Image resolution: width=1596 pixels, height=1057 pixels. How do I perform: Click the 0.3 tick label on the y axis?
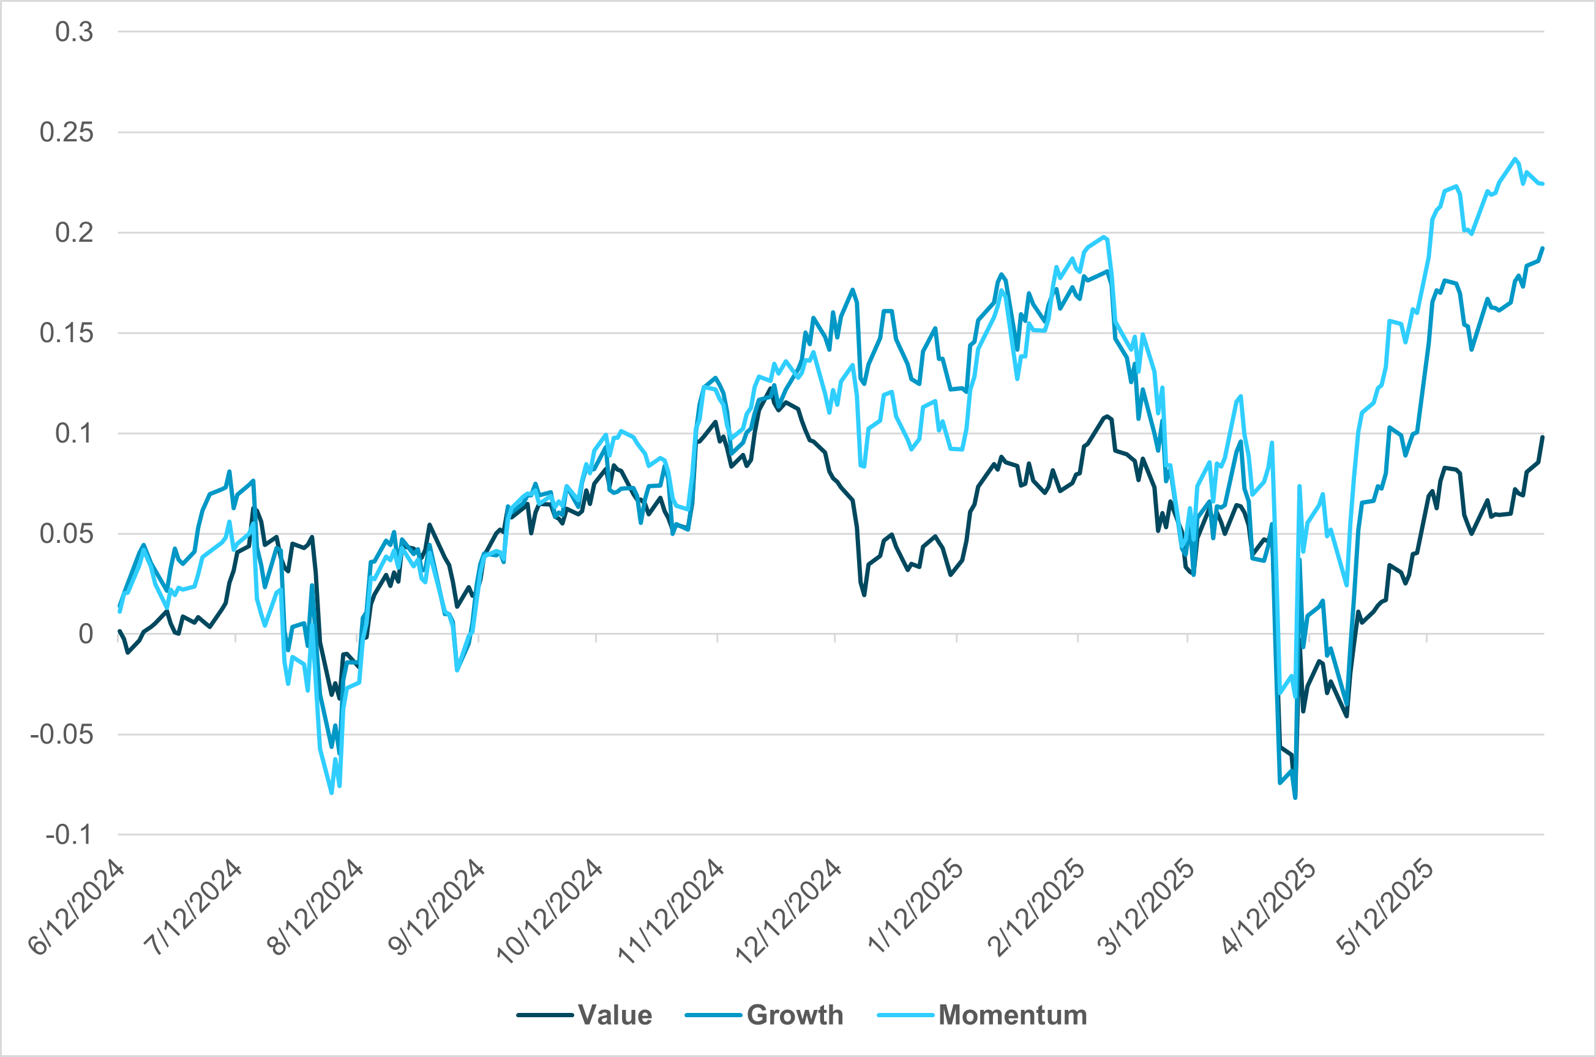pos(74,32)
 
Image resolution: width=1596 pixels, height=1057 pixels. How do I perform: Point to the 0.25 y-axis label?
pos(66,132)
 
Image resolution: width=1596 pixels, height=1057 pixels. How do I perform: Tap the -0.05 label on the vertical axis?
pos(61,734)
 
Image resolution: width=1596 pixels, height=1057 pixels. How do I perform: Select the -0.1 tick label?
pos(69,835)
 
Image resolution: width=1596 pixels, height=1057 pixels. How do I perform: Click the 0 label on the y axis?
pos(86,633)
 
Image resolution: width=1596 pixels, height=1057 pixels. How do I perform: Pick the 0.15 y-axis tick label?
pos(66,333)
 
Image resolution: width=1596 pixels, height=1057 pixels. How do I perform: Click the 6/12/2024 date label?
pos(76,907)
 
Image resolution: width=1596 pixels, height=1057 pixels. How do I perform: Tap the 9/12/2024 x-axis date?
pos(437,907)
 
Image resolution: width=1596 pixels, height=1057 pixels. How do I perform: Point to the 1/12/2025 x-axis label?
pos(915,907)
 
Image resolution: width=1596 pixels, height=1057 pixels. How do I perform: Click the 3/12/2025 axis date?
pos(1146,907)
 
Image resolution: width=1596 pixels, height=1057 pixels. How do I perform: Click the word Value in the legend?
pos(615,1015)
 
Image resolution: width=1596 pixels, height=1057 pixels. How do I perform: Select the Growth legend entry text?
pos(795,1015)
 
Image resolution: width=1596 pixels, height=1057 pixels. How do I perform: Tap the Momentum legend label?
pos(1012,1015)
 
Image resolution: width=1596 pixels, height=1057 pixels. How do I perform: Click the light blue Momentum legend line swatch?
pos(905,1015)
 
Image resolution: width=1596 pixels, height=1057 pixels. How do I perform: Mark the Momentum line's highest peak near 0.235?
pos(1515,159)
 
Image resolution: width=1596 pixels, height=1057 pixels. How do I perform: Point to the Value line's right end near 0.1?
pos(1542,438)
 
